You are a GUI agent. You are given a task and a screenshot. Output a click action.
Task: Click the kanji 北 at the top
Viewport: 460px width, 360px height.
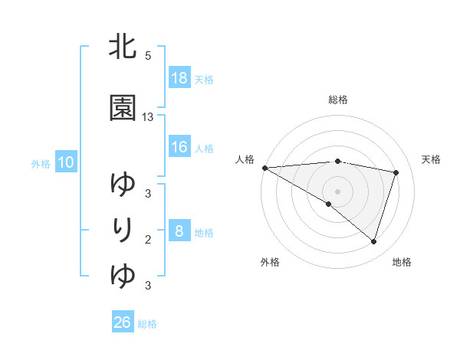pyautogui.click(x=123, y=48)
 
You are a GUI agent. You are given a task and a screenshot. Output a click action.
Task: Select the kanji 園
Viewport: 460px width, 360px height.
pyautogui.click(x=123, y=108)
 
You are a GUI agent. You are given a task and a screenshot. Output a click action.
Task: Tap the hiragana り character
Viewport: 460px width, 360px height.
pyautogui.click(x=124, y=229)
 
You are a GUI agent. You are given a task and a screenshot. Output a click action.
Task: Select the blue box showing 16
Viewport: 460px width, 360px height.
pyautogui.click(x=179, y=147)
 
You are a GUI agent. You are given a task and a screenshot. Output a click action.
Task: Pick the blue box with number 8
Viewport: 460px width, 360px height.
pyautogui.click(x=179, y=231)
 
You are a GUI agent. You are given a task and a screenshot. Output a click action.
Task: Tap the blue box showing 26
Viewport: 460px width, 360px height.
pyautogui.click(x=123, y=322)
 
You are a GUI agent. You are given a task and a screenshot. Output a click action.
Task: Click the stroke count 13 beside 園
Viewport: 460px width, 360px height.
pyautogui.click(x=148, y=117)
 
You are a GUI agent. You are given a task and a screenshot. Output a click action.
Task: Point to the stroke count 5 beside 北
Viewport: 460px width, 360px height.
pyautogui.click(x=147, y=56)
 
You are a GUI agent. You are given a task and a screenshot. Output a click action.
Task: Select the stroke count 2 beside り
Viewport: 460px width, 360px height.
pyautogui.click(x=147, y=240)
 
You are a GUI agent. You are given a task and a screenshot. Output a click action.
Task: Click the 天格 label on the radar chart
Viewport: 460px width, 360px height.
pyautogui.click(x=432, y=159)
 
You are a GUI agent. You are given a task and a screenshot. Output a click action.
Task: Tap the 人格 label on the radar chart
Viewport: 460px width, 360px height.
pyautogui.click(x=245, y=159)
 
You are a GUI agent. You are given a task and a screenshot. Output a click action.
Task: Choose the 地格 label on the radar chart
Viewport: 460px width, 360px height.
pyautogui.click(x=402, y=263)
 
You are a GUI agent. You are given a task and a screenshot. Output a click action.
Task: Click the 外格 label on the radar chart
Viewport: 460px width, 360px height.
pyautogui.click(x=270, y=263)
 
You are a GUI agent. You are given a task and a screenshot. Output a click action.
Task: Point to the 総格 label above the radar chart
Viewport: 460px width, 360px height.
pyautogui.click(x=338, y=100)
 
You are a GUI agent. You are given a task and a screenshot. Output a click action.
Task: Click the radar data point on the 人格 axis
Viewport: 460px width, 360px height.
pyautogui.click(x=264, y=167)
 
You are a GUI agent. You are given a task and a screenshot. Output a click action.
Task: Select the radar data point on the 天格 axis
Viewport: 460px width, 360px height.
pyautogui.click(x=396, y=172)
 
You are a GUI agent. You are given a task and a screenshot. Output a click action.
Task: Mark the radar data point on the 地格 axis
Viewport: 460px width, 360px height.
pyautogui.click(x=373, y=241)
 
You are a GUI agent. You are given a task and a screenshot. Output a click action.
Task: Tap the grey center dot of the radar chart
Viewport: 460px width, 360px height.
pyautogui.click(x=337, y=191)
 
